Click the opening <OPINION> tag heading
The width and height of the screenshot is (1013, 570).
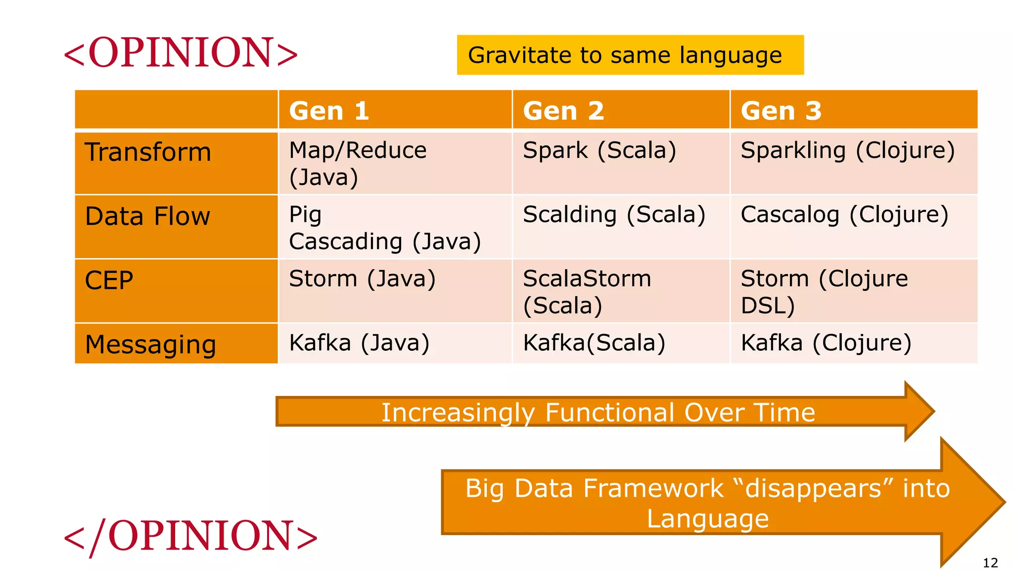(181, 52)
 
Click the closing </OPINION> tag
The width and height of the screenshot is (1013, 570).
(190, 536)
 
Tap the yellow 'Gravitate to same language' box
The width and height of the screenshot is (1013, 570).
(630, 55)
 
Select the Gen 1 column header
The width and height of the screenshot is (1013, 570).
(329, 110)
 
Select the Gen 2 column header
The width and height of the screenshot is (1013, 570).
(563, 110)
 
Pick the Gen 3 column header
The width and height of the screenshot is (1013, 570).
(781, 110)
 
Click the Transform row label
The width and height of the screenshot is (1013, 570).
(148, 152)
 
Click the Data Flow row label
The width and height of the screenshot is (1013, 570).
(147, 216)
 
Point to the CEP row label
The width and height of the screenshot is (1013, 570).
(109, 280)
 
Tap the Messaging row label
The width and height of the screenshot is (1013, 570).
(150, 344)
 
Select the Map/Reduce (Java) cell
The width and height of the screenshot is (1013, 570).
(357, 163)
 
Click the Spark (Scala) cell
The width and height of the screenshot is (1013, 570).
(599, 150)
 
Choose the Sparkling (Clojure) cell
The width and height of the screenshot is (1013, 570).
(847, 150)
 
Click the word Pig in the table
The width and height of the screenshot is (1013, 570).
(305, 215)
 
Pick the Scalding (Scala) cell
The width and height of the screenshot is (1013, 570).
(614, 215)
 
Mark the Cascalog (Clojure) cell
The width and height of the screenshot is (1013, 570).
(844, 215)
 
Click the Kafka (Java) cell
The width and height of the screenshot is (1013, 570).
(359, 343)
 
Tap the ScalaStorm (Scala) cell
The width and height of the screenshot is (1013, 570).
(587, 292)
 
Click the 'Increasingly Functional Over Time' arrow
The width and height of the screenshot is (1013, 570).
(598, 412)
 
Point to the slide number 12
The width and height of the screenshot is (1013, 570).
(990, 563)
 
